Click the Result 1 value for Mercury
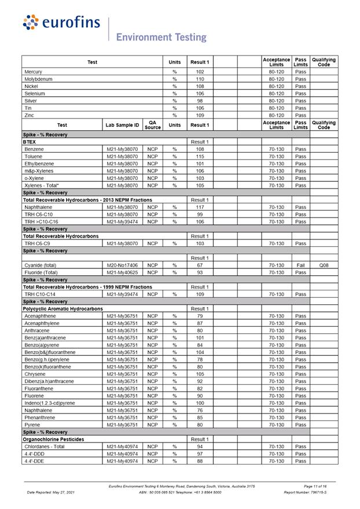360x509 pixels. click(x=200, y=72)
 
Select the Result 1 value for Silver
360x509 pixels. click(x=200, y=101)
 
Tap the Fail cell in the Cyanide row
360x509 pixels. click(x=300, y=265)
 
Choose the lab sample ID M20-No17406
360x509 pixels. click(x=122, y=265)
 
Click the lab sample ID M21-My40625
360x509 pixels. click(x=122, y=272)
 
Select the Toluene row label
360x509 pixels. click(x=34, y=157)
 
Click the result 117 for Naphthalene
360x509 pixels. click(x=200, y=207)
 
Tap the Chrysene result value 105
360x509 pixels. click(x=200, y=374)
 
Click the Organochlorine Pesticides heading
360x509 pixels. click(x=53, y=440)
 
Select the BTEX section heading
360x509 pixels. click(x=30, y=142)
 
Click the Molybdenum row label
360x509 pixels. click(x=38, y=79)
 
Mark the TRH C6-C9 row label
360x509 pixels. click(x=37, y=244)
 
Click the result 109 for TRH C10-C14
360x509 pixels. click(x=200, y=294)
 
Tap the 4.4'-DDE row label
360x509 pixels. click(x=34, y=461)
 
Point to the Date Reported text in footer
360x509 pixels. click(x=51, y=492)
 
